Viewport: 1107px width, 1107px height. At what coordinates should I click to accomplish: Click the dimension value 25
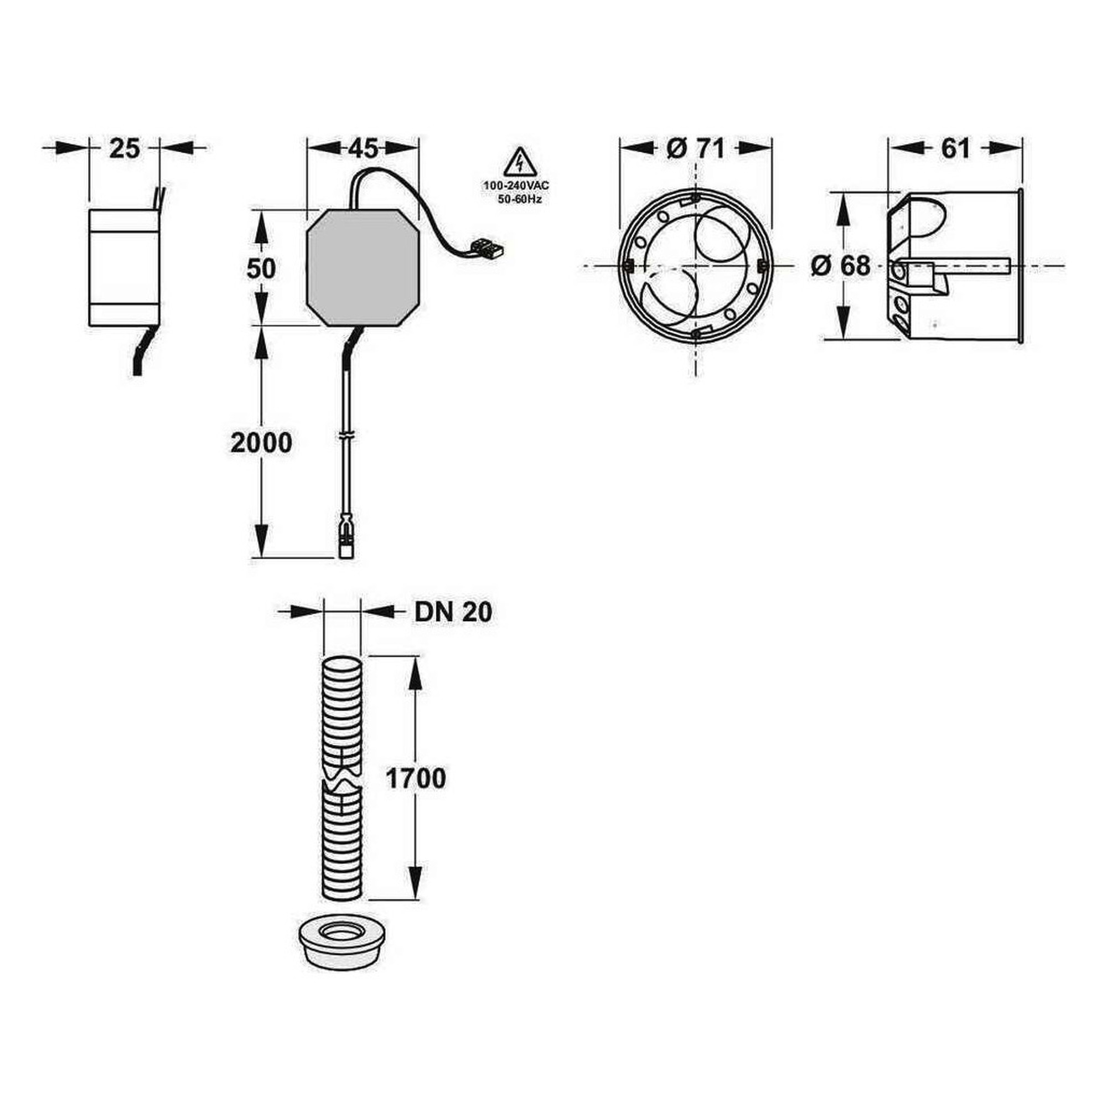click(x=125, y=148)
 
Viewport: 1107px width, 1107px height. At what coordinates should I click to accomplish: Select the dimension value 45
click(x=363, y=148)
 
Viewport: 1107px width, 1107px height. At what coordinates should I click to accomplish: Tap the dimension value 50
click(x=261, y=269)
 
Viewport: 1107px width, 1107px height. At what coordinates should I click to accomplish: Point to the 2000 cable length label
click(x=261, y=443)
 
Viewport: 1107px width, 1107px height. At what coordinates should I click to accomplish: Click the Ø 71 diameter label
click(x=696, y=148)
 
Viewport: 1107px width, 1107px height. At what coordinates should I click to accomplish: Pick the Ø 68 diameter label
click(x=841, y=265)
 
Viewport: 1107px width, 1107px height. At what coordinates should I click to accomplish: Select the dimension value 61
click(x=956, y=148)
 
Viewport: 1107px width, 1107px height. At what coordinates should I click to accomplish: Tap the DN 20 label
click(x=453, y=613)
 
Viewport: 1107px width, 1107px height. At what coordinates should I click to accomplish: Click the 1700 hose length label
click(x=416, y=779)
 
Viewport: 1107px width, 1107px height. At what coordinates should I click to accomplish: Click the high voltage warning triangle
click(x=520, y=162)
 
